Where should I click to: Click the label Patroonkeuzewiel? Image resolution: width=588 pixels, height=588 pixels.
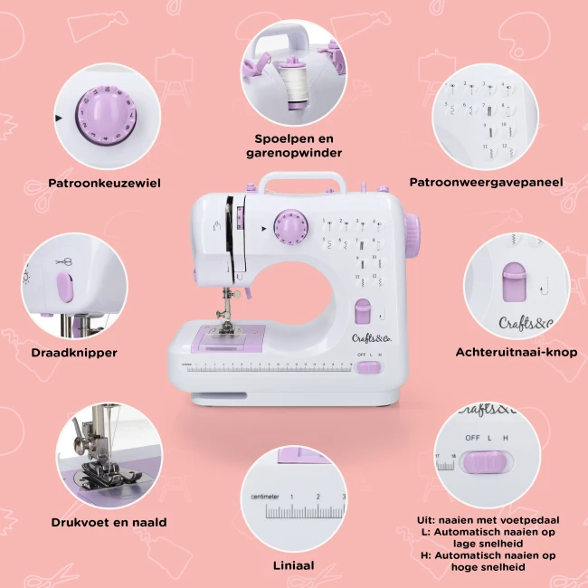pos(105,183)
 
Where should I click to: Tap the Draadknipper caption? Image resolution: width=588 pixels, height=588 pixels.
pos(73,353)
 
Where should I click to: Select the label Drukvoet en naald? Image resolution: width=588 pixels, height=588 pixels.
pos(109,522)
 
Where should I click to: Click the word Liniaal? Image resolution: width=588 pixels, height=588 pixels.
pos(293,565)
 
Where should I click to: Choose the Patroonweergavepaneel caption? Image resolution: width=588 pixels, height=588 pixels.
pos(486,183)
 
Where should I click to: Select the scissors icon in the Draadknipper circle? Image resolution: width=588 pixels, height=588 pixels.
pos(64,262)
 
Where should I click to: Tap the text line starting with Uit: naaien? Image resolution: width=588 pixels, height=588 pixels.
pos(488,520)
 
